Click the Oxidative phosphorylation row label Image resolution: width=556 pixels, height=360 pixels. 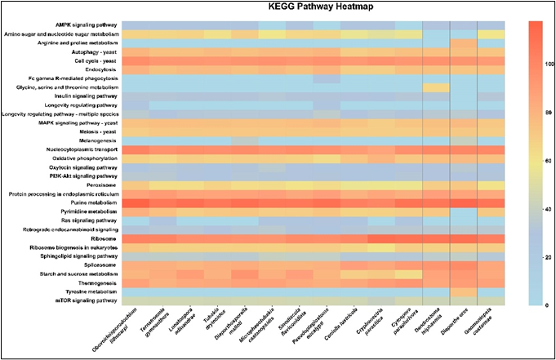coord(84,158)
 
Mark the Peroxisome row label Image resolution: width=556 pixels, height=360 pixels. coord(100,184)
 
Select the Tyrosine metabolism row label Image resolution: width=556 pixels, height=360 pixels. coord(92,291)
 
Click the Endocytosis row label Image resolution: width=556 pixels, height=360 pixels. coord(98,69)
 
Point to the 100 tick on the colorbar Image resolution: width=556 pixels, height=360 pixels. coord(539,62)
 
